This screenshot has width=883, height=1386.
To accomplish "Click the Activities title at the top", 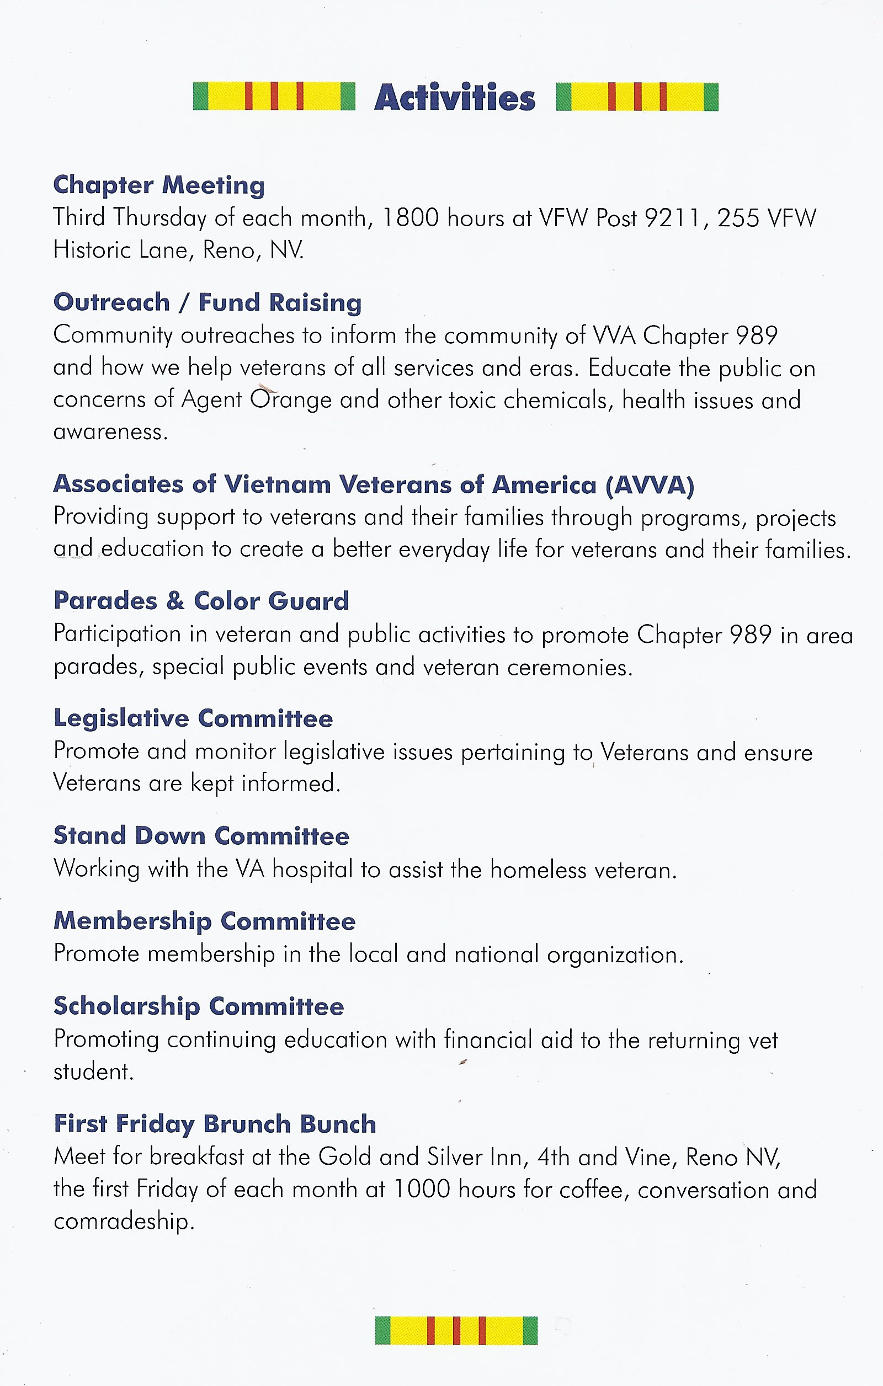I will click(x=455, y=97).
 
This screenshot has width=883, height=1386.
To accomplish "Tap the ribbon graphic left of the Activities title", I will click(x=274, y=96).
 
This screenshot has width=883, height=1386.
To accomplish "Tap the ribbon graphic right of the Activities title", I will click(x=637, y=96).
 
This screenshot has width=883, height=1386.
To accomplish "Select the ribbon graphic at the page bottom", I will click(x=456, y=1330).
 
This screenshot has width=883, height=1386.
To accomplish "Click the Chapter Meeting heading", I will click(x=159, y=185).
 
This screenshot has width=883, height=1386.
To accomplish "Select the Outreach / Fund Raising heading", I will click(x=207, y=303).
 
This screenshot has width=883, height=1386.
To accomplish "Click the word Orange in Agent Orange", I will click(x=291, y=399).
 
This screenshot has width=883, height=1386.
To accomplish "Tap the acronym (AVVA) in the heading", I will click(x=650, y=484).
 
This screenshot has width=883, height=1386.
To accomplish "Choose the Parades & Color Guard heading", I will click(x=201, y=601).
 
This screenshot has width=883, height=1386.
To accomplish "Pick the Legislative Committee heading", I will click(x=193, y=718).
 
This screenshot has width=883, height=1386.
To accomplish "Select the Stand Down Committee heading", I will click(x=201, y=836).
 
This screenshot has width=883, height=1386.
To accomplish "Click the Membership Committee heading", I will click(x=204, y=921).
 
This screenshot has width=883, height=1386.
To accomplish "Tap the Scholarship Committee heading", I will click(x=199, y=1006).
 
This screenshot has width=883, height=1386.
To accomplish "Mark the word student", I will click(x=93, y=1072).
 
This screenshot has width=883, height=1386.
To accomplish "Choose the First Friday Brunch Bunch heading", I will click(x=215, y=1123).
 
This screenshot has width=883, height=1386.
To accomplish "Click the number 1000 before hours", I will click(x=421, y=1189).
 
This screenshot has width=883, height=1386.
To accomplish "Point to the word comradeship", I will click(x=124, y=1222).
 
